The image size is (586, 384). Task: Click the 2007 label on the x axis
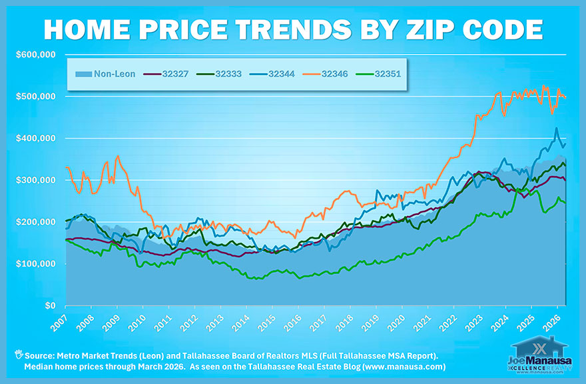(59, 323)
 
